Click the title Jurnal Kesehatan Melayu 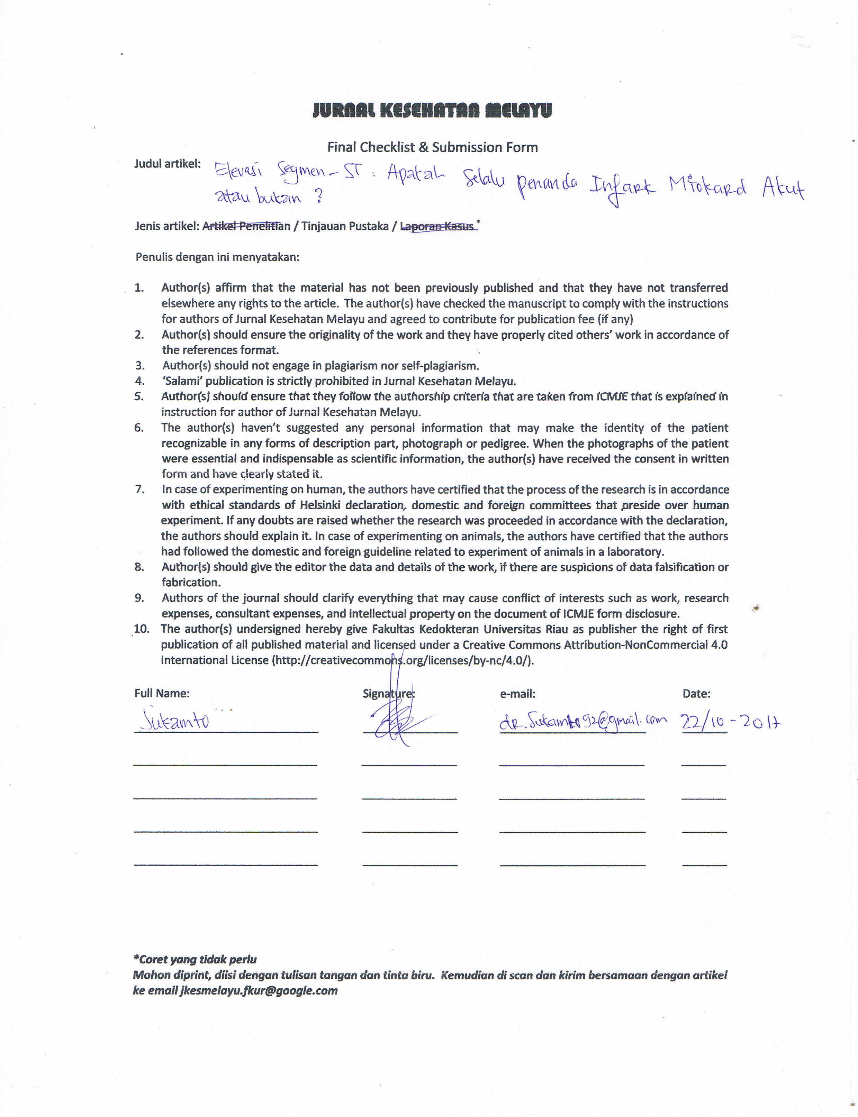coord(432,110)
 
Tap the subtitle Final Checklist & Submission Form coord(432,147)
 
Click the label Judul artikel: coord(168,164)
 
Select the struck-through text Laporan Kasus coord(437,226)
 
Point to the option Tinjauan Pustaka coord(345,226)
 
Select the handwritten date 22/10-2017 coord(730,722)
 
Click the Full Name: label coord(162,693)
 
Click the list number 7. coord(139,489)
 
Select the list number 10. coord(142,629)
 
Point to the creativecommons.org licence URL coord(404,660)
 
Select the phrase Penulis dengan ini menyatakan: coord(217,257)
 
